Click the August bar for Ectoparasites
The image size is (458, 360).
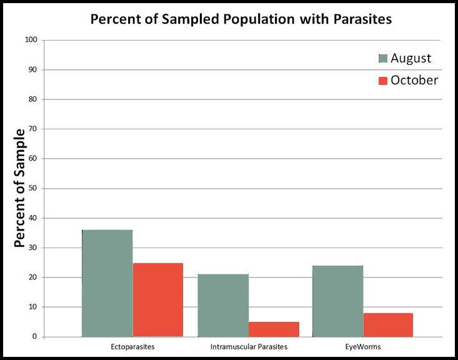[x=107, y=283]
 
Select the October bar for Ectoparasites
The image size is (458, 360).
[x=157, y=300]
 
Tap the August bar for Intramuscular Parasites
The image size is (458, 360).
[x=223, y=305]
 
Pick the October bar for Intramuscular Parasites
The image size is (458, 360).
[x=274, y=329]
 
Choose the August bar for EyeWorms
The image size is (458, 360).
[x=337, y=301]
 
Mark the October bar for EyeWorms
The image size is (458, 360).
[x=388, y=324]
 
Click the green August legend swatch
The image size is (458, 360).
[x=383, y=59]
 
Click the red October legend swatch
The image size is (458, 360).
[x=383, y=81]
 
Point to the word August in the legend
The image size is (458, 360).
[x=411, y=59]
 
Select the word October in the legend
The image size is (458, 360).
[x=414, y=81]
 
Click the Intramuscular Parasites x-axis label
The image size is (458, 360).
[x=248, y=346]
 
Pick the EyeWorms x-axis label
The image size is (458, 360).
[x=362, y=346]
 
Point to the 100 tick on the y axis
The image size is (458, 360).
[x=31, y=40]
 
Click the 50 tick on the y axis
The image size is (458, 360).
[x=33, y=188]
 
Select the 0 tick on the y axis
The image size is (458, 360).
[x=35, y=337]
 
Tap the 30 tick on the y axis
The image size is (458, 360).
[x=33, y=247]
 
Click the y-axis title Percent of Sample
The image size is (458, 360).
[x=19, y=188]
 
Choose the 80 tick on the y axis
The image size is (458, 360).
[x=33, y=99]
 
